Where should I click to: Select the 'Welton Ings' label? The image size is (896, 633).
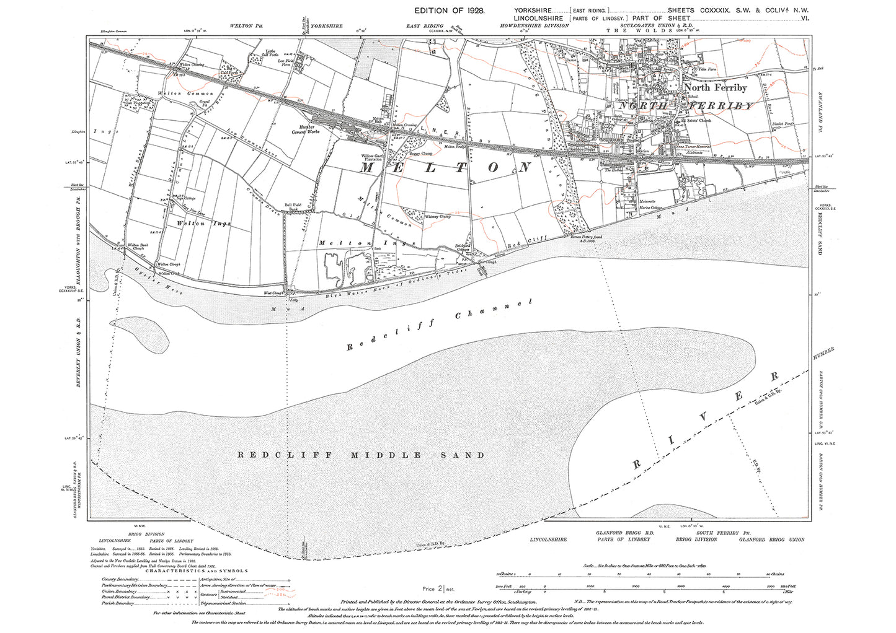click(x=195, y=223)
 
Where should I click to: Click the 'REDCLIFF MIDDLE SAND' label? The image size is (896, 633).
click(x=362, y=455)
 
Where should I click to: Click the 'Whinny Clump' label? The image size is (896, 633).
click(x=437, y=217)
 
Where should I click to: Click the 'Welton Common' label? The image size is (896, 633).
click(x=177, y=94)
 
